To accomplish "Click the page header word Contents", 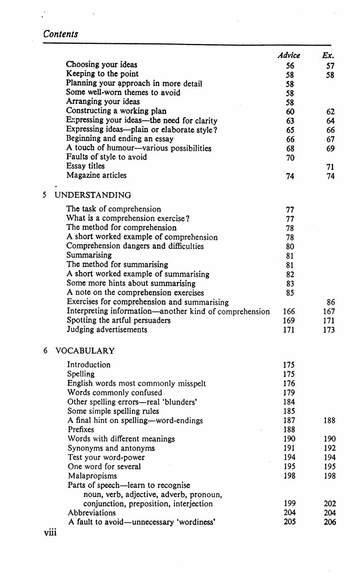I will click(x=60, y=34).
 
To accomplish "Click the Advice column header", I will click(x=289, y=55).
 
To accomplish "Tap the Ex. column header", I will click(x=328, y=55).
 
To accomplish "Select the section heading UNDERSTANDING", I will click(x=93, y=195).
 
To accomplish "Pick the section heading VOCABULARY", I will click(x=85, y=351).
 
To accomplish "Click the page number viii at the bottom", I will click(x=50, y=532).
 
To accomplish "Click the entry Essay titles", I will click(x=85, y=166).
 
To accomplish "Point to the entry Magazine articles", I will click(x=96, y=176).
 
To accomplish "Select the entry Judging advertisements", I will click(x=107, y=330).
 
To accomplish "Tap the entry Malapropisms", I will click(x=92, y=476).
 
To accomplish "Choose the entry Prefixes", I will click(x=81, y=430).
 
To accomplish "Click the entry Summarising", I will click(x=89, y=255).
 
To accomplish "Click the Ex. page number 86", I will click(x=330, y=302).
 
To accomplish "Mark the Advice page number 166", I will click(x=289, y=312).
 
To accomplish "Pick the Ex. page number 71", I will click(x=330, y=167).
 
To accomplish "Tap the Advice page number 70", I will click(x=290, y=158).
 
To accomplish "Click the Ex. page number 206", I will click(x=330, y=522).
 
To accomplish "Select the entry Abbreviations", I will click(x=92, y=513).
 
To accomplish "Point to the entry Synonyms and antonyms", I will click(x=111, y=448).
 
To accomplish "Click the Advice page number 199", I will click(x=289, y=504).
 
